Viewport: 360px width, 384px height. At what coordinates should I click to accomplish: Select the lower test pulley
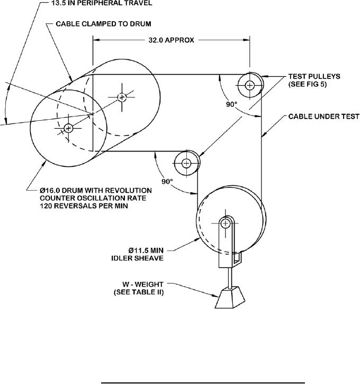point(186,163)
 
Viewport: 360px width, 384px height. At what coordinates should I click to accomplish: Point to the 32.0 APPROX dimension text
point(172,39)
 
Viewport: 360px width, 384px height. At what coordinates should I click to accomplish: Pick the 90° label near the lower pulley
point(167,181)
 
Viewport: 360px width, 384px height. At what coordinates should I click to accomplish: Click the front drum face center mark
point(68,128)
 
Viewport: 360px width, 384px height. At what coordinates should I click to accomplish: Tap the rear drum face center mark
point(122,96)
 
